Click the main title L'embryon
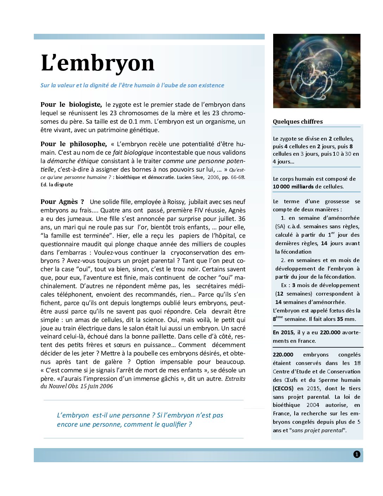coord(98,63)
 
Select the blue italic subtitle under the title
coord(132,85)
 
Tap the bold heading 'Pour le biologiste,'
coord(71,105)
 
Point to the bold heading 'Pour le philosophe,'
coord(73,144)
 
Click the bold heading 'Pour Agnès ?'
coord(62,202)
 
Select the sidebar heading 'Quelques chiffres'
coord(297,122)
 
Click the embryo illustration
coord(316,71)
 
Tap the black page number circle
coord(357,454)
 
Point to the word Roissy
coord(176,202)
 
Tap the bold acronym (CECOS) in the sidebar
coord(283,388)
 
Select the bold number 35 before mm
coord(340,319)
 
